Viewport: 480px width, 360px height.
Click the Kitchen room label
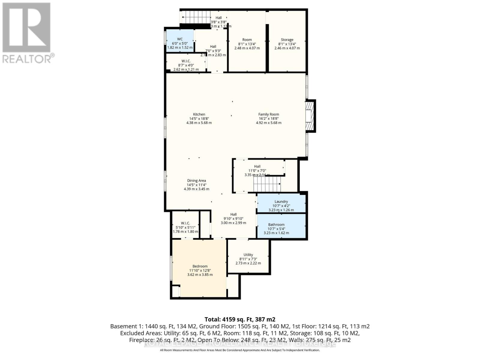(x=199, y=114)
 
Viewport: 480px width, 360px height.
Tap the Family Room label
(x=268, y=114)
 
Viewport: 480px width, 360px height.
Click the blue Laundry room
(x=281, y=204)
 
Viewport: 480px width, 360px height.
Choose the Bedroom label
(x=200, y=266)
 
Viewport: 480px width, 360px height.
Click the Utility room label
(x=248, y=255)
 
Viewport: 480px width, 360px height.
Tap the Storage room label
(x=287, y=40)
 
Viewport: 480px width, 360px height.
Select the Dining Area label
(x=196, y=181)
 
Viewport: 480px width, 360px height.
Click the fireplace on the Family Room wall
(x=309, y=116)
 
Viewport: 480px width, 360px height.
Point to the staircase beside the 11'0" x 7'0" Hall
(x=267, y=184)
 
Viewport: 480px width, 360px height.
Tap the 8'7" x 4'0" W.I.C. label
(x=186, y=61)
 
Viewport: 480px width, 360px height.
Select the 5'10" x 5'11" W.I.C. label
(x=185, y=223)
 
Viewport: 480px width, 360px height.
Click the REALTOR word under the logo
(x=27, y=58)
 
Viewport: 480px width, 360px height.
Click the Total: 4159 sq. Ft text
(x=240, y=319)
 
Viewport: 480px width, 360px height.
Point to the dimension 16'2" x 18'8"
(x=268, y=118)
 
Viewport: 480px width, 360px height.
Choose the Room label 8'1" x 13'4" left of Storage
(x=247, y=40)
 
